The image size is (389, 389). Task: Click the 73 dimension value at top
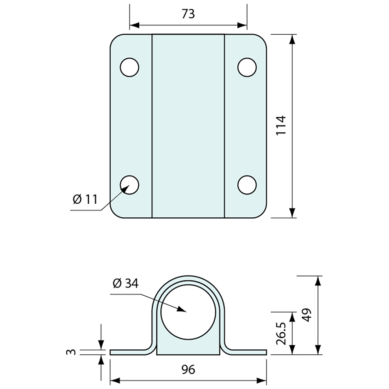click(x=188, y=14)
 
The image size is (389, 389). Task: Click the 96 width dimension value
click(x=188, y=370)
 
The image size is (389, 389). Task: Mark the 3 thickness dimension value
click(x=71, y=352)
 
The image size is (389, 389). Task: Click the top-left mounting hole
click(x=129, y=67)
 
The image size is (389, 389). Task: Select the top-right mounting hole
click(x=247, y=67)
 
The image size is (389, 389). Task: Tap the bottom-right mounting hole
click(x=247, y=185)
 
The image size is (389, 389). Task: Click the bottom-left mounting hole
click(x=129, y=185)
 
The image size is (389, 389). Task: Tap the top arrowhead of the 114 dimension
click(x=292, y=39)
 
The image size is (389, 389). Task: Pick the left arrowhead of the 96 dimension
click(x=115, y=381)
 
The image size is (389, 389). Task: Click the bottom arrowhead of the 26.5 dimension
click(x=292, y=350)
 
